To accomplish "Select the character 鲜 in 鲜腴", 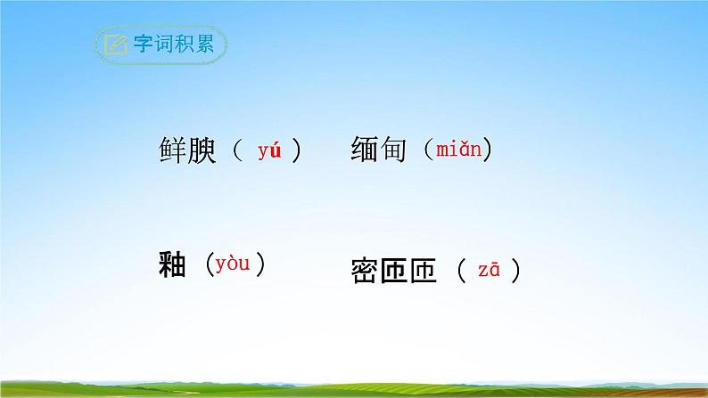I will pos(171,150).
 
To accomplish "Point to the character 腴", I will pos(204,150).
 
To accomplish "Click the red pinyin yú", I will pos(269,150).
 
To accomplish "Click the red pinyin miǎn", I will pos(458,150).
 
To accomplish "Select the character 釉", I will pos(170,264).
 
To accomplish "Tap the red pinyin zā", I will pos(489,271).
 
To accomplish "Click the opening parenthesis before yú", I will pos(236,150).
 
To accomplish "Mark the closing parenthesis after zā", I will pos(515,271).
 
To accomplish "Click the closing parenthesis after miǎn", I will pos(489,150).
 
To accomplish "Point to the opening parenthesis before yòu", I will pos(206,264).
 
